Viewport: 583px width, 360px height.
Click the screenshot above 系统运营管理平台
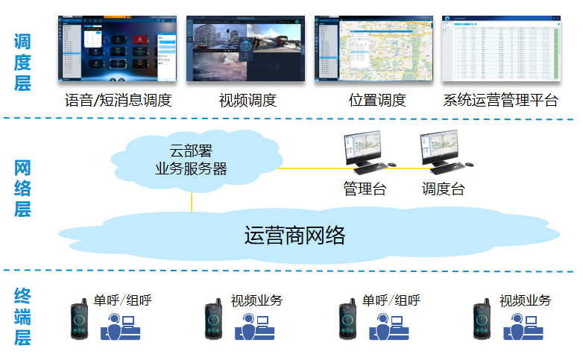[501, 48]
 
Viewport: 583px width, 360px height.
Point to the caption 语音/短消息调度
[118, 100]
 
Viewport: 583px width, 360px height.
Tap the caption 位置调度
[377, 100]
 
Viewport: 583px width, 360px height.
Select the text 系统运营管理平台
[500, 100]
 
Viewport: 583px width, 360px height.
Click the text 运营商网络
[294, 236]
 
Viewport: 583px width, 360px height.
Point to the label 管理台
[365, 189]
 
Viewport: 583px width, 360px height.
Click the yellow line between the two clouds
[192, 200]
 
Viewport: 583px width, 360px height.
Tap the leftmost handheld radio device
[79, 320]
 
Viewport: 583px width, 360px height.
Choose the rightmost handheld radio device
[482, 320]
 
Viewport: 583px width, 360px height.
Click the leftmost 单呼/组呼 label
[123, 300]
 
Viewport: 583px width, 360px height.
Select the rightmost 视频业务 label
[525, 300]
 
